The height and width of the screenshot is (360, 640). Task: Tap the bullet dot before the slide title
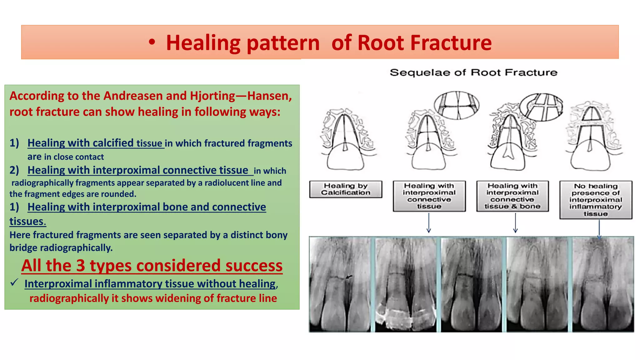point(152,43)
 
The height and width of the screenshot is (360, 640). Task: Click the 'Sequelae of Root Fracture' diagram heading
point(473,72)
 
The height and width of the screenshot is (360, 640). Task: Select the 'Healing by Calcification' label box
point(346,189)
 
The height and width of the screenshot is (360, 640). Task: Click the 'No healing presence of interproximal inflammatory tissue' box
point(596,200)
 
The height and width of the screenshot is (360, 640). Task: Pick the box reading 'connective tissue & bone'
point(512,196)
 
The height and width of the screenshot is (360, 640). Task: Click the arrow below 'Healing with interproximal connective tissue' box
point(429,223)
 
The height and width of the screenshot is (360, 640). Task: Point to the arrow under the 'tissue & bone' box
point(515,223)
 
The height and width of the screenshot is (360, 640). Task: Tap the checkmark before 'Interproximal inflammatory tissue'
point(14,282)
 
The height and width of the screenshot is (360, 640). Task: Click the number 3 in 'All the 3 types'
point(81,266)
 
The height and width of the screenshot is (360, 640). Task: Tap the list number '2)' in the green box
point(14,170)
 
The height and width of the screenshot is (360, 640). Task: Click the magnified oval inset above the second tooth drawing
point(457,105)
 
